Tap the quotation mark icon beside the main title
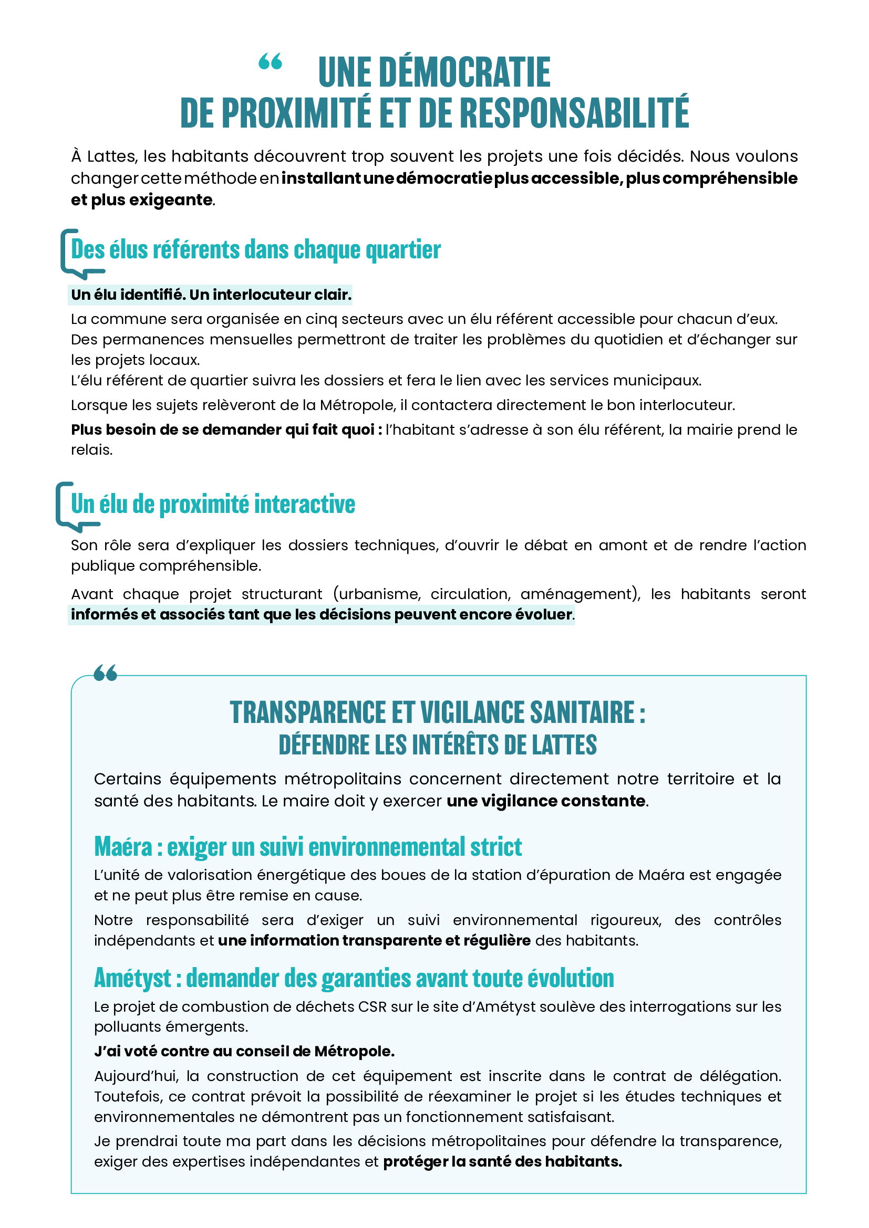(270, 62)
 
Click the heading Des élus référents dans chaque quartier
(256, 250)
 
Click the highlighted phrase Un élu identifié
(127, 295)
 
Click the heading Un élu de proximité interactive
(213, 505)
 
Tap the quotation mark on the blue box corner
(105, 673)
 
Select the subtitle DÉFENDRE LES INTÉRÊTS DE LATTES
(437, 745)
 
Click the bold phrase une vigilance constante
(546, 801)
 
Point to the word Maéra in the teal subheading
(123, 847)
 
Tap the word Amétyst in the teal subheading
(133, 978)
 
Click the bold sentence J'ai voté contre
(243, 1052)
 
